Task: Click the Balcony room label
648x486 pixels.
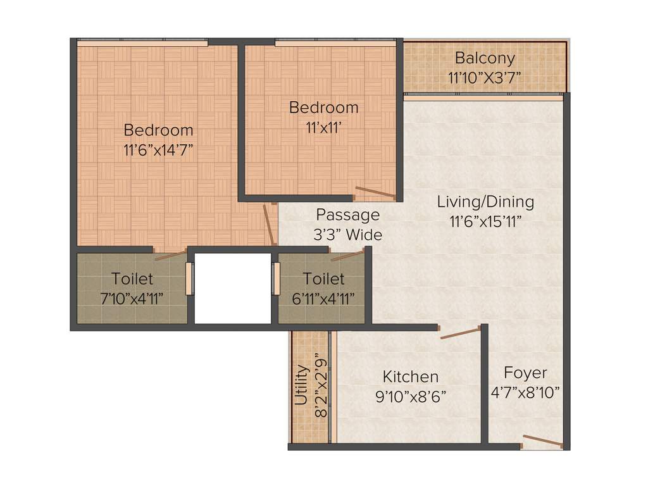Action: point(485,58)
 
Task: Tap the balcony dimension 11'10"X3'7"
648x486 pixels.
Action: point(485,78)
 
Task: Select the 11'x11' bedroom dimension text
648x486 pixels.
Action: point(323,127)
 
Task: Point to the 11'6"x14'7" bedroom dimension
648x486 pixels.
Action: point(158,150)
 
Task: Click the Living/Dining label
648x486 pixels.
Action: point(485,202)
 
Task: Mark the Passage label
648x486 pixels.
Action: point(348,215)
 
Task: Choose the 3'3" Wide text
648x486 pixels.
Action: point(348,235)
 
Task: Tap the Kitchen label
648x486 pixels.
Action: point(410,377)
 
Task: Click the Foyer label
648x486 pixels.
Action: point(525,372)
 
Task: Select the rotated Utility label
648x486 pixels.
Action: point(302,385)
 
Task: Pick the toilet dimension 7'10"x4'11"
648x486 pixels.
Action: point(132,298)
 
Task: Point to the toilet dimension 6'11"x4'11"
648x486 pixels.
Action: point(323,298)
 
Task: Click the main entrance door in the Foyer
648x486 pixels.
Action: point(542,442)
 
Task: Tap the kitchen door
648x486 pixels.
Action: point(461,333)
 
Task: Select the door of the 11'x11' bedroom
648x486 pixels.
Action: point(375,194)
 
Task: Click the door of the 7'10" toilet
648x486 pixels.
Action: point(171,256)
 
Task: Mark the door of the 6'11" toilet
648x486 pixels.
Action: point(347,256)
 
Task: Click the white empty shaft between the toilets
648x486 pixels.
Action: point(232,289)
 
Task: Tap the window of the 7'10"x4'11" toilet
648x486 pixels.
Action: point(189,278)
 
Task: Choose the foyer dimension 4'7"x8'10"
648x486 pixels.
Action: point(525,393)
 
